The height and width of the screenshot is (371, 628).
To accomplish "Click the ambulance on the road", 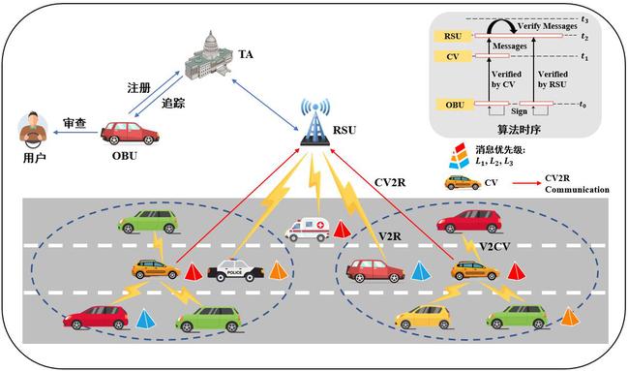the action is coord(307,230).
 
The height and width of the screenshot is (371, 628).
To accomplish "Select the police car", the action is coord(235,270).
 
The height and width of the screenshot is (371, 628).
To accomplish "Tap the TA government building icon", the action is coord(209,55).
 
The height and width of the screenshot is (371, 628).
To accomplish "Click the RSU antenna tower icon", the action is coord(315,122).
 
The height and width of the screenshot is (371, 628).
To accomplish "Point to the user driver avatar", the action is coord(33,127).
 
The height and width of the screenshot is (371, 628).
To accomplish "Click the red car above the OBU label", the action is coord(130,133).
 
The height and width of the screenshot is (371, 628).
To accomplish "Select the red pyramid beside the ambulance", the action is coord(342,230).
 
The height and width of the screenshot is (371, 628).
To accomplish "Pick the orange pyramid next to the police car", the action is coord(279,270).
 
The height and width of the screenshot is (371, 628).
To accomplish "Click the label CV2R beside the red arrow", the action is coord(390,182).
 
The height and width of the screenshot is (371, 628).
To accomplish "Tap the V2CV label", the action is coord(495,246).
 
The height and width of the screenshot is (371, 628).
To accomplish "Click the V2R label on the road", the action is coord(390,236).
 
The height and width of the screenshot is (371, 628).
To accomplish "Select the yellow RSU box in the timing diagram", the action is coord(453,36).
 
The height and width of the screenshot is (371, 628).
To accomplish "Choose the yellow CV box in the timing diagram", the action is coord(453,56).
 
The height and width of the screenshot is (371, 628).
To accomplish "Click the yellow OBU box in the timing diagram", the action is coord(454,105).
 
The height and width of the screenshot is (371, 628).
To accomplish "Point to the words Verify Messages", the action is coord(547,26).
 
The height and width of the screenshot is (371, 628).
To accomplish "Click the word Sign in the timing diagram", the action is coord(519,111).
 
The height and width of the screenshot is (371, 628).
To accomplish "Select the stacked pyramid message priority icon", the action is coord(459,156).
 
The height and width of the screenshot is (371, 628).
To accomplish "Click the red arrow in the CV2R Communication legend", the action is coord(526,183).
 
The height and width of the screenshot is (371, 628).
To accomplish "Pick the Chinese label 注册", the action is coord(138,88).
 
